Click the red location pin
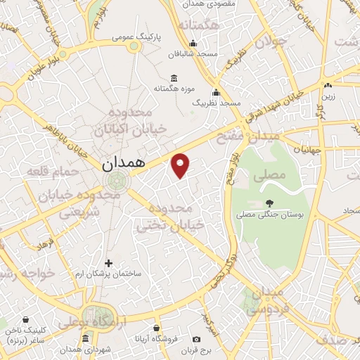point(181,165)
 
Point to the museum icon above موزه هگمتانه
point(174,77)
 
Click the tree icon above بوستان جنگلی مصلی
point(270,204)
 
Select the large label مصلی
point(272,173)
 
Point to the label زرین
point(329,96)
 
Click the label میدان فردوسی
point(266,300)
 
